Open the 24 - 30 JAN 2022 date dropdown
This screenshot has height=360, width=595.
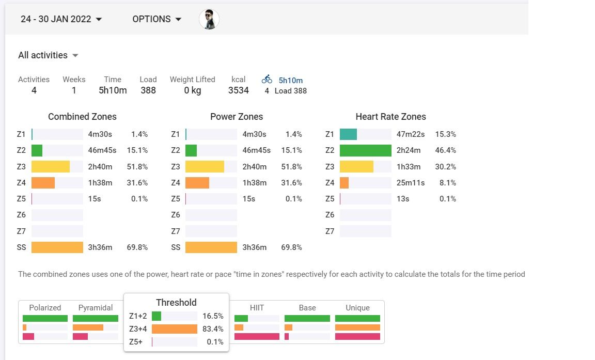(61, 19)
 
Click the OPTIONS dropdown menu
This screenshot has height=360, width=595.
(157, 19)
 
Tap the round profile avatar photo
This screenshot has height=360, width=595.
(209, 19)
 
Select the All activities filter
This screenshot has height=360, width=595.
(48, 55)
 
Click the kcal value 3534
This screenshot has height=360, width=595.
(239, 90)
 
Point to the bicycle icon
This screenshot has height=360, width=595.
(267, 80)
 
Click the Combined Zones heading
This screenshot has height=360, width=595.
(82, 117)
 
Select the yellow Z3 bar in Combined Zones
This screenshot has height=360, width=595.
(51, 166)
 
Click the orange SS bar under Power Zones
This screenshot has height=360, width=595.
(211, 247)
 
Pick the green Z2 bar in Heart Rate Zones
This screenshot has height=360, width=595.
(366, 150)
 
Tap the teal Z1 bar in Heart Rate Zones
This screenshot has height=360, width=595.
(348, 134)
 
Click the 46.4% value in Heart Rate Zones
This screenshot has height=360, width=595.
(446, 150)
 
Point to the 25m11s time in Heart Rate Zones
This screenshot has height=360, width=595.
(410, 183)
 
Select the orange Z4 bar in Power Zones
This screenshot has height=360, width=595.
(197, 183)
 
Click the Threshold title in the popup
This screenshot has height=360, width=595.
(176, 303)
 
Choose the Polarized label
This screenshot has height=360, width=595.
(45, 308)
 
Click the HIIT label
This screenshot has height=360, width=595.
(257, 308)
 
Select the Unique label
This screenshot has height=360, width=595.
(357, 308)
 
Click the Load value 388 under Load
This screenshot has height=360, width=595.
(148, 90)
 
